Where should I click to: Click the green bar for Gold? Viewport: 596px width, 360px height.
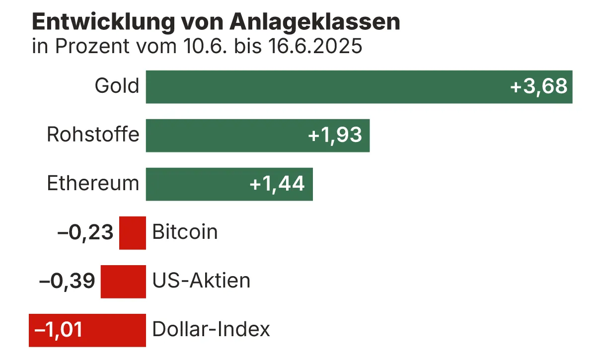(323, 87)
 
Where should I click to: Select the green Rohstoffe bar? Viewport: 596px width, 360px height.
(223, 136)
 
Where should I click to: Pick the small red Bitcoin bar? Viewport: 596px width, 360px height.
(133, 233)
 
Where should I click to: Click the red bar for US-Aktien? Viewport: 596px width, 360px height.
(123, 282)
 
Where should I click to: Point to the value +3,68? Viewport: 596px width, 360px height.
(538, 87)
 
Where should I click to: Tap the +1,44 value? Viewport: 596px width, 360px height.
(277, 184)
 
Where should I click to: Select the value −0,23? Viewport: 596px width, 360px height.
(85, 233)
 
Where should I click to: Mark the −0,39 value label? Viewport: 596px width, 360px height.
(67, 282)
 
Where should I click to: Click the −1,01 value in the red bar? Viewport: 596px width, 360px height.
(58, 330)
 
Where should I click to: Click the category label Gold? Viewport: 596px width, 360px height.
(117, 86)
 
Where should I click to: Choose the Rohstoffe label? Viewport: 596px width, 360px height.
(93, 135)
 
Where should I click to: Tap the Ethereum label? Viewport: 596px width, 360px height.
(93, 184)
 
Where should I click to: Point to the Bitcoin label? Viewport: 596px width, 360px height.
(185, 232)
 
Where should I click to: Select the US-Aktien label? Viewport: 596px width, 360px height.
(201, 281)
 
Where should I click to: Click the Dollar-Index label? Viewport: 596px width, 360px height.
(211, 330)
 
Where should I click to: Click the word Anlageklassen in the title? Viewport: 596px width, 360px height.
(315, 22)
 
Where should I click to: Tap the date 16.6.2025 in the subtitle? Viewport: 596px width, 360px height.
(316, 47)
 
